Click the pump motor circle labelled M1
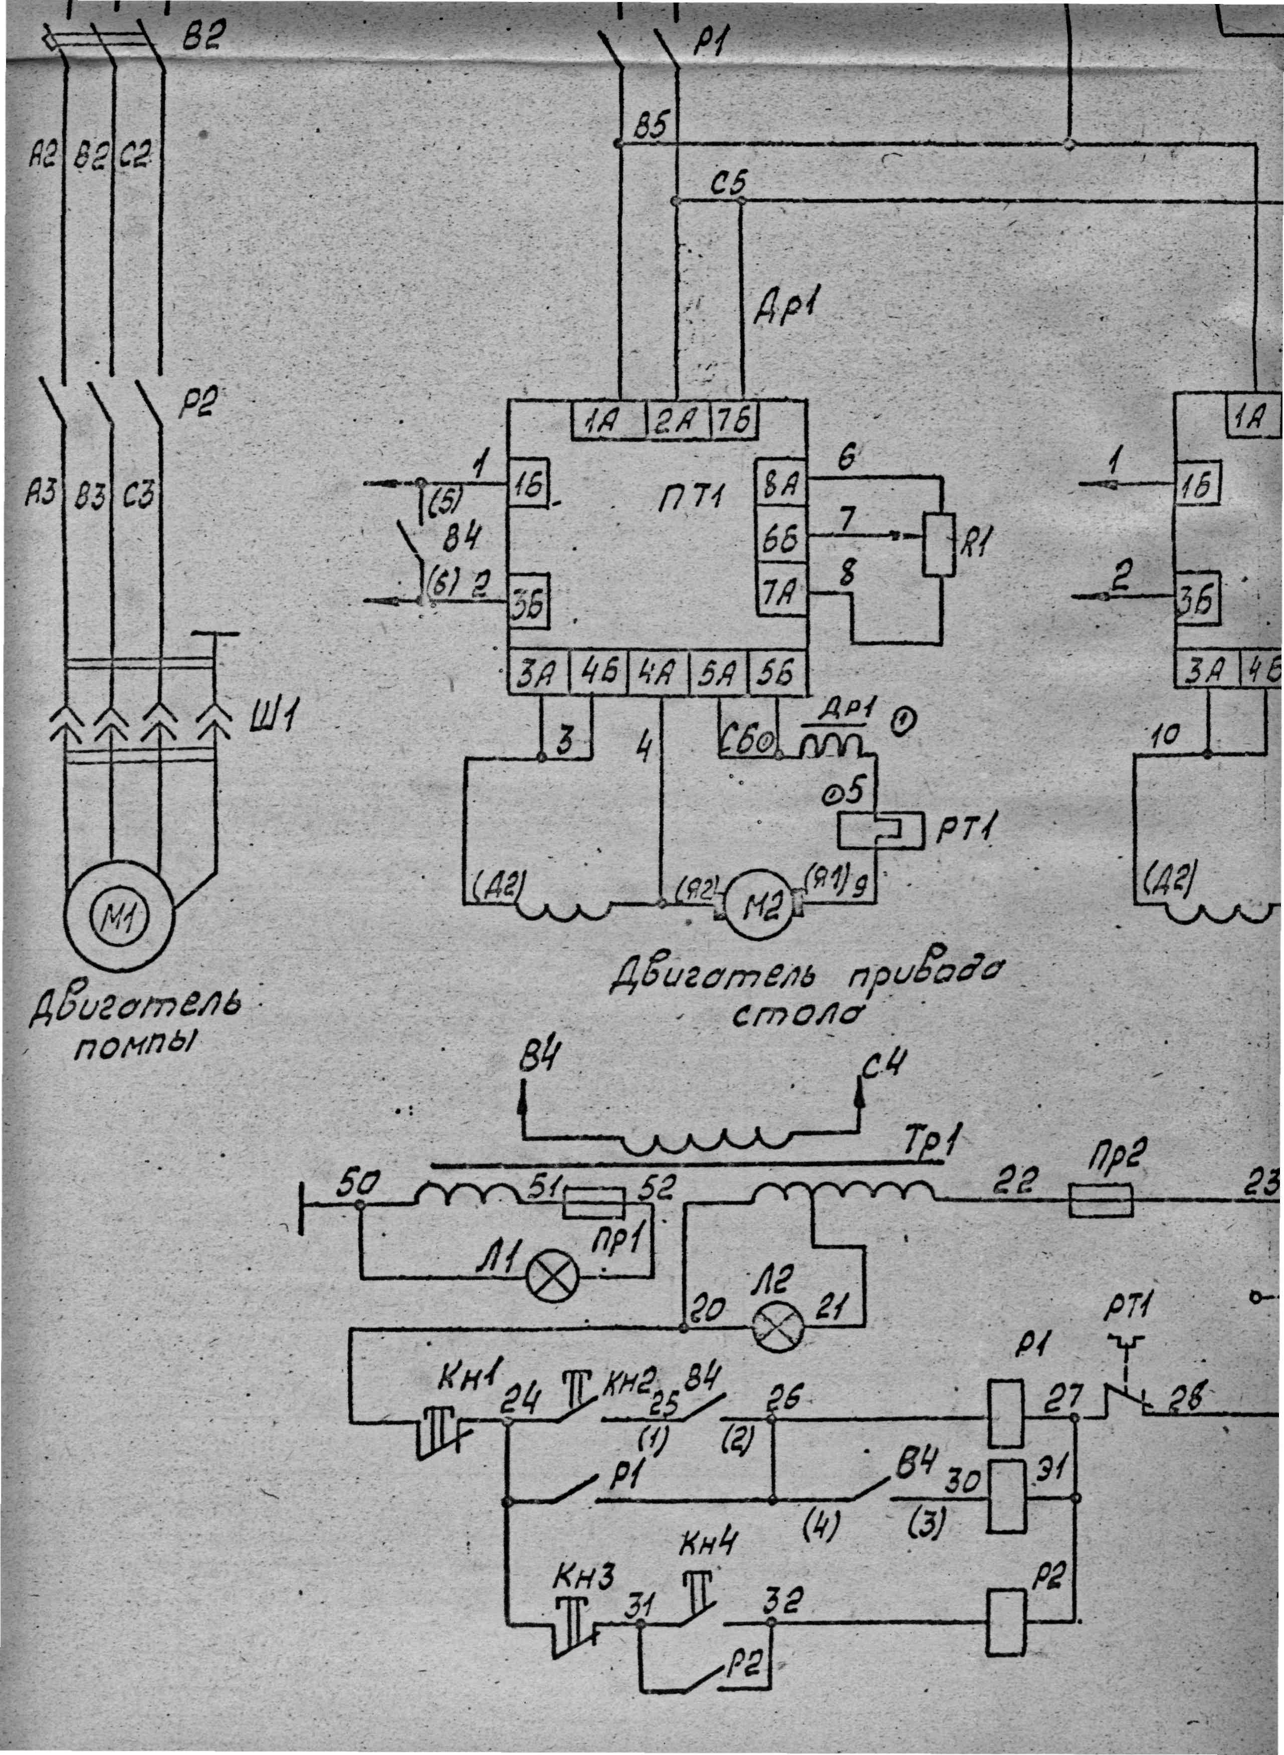(x=120, y=919)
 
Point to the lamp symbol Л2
(x=777, y=1327)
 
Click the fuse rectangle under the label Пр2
(x=1101, y=1201)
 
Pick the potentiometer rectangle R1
(x=939, y=544)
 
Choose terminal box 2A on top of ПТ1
(x=675, y=421)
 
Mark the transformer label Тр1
(x=930, y=1142)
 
